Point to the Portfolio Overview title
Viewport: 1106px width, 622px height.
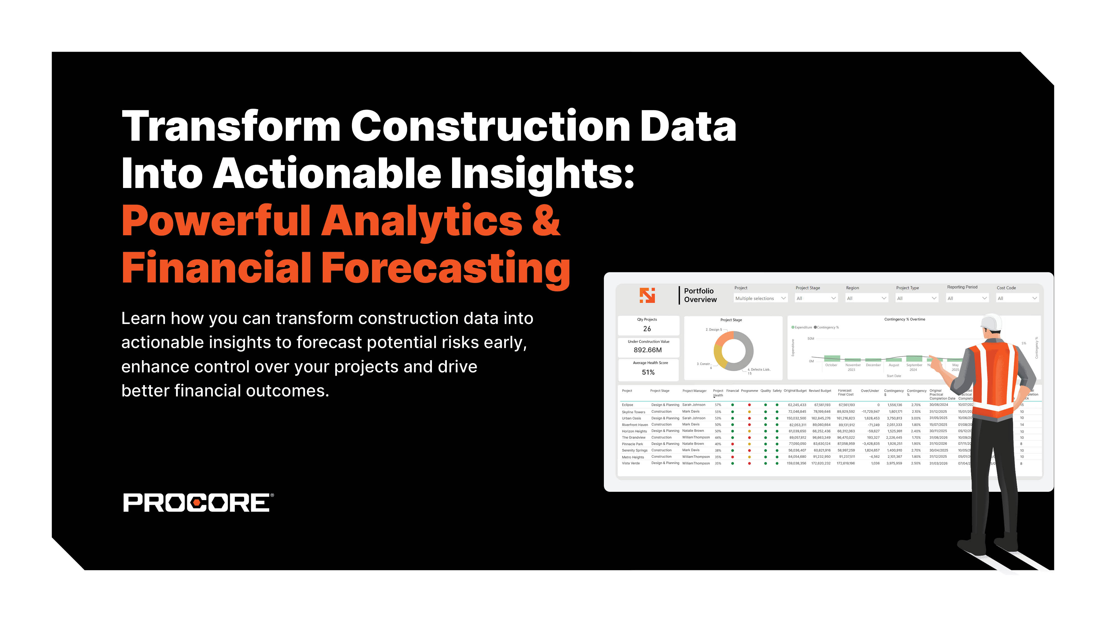pos(700,295)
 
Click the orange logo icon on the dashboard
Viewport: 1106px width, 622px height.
pos(647,295)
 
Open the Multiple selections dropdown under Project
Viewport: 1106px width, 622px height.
pos(760,298)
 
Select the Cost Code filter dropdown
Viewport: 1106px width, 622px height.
pos(1017,298)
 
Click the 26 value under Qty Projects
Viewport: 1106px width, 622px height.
pos(647,329)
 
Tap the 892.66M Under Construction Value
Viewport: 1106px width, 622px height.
pos(648,350)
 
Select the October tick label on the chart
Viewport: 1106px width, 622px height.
pos(831,365)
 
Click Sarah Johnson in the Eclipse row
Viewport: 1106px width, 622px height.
pos(693,405)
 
